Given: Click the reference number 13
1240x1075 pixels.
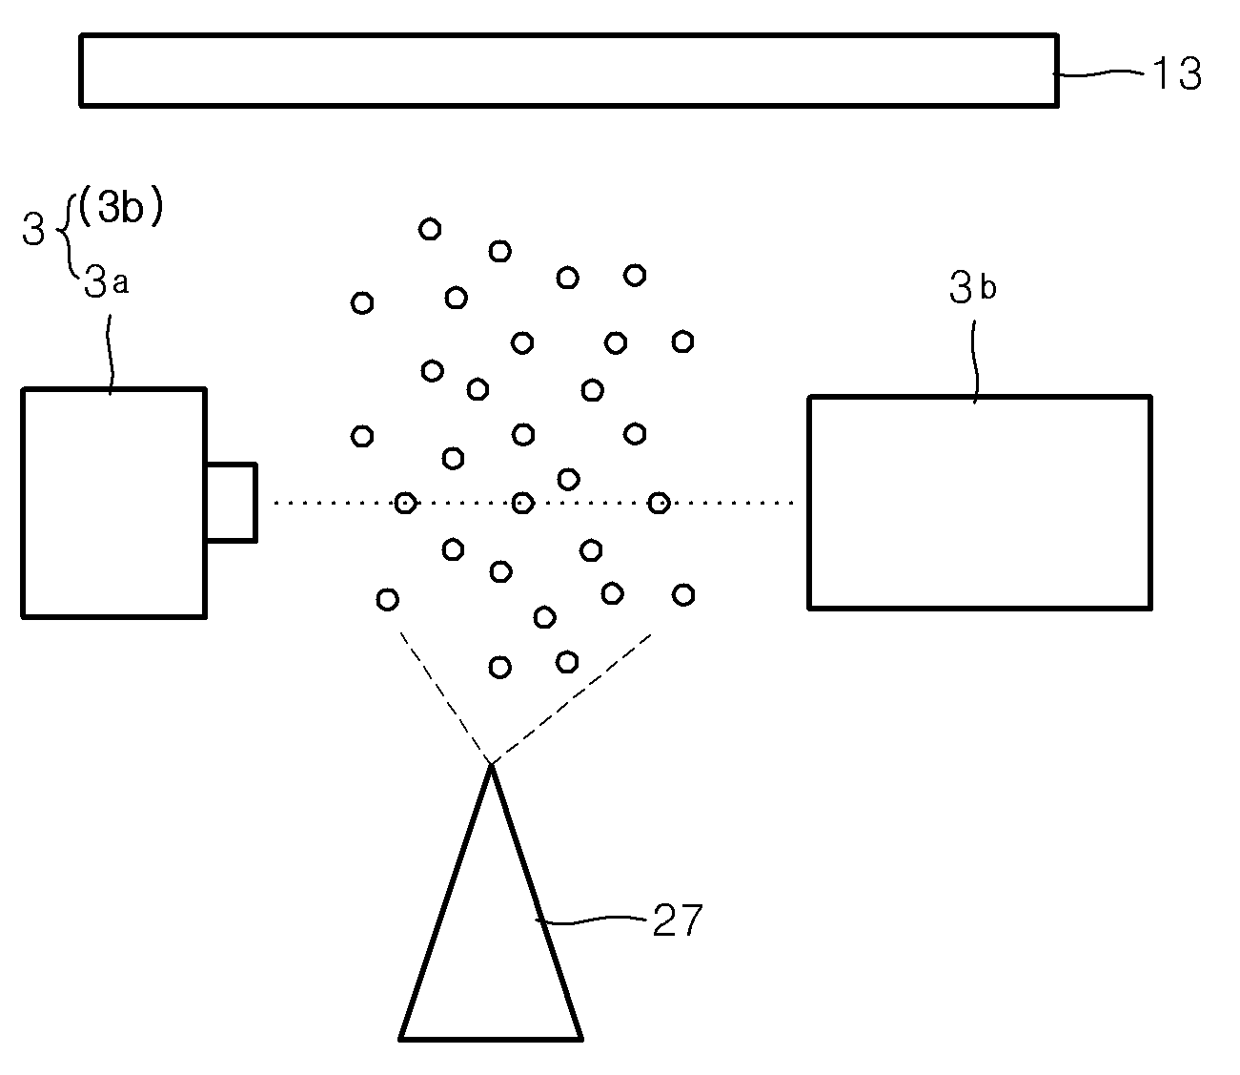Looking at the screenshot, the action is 1176,73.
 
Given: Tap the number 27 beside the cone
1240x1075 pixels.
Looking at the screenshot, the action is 678,920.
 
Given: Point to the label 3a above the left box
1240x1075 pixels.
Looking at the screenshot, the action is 106,280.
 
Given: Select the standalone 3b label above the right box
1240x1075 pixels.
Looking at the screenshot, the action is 972,287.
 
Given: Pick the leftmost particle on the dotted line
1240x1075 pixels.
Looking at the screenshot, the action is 405,503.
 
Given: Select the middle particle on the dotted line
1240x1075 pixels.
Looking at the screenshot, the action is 522,503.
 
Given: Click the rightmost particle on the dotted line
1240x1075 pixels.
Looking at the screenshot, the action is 659,503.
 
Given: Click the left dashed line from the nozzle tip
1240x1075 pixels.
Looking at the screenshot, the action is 444,697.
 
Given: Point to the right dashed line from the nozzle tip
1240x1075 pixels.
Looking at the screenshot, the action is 571,699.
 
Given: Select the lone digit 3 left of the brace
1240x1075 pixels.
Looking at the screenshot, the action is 33,229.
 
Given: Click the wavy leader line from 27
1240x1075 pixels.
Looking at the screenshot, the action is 590,920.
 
